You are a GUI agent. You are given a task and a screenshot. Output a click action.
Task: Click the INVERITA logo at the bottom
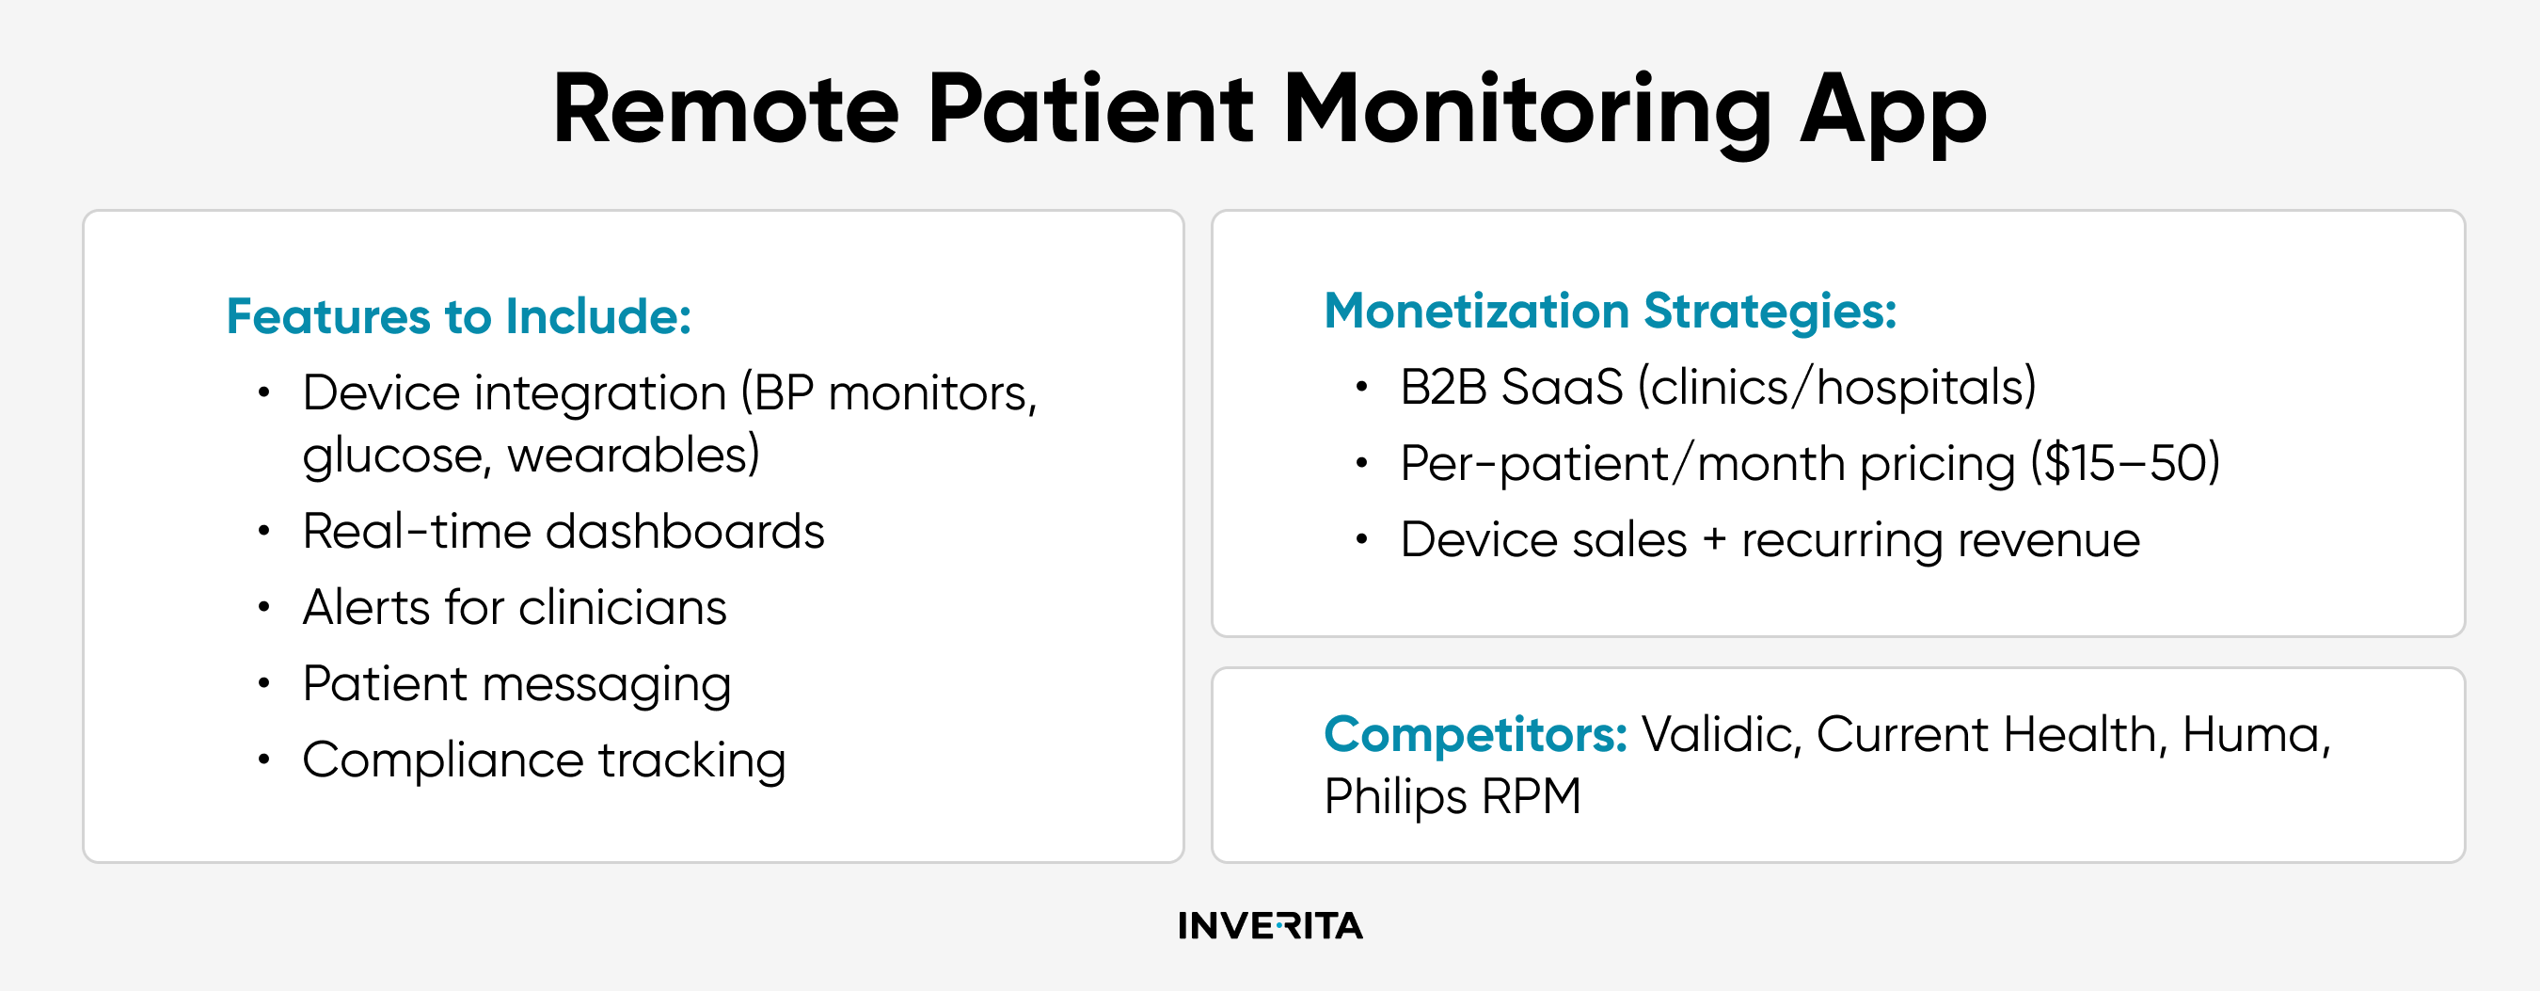(x=1270, y=925)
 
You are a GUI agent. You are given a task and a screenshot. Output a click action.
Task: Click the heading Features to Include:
(x=458, y=316)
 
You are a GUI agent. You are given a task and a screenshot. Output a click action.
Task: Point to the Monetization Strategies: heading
(x=1611, y=312)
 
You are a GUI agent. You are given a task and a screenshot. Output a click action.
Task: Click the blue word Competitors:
(x=1475, y=736)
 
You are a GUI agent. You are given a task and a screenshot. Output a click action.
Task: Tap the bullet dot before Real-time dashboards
(x=263, y=531)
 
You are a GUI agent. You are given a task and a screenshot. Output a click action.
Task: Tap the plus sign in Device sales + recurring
(x=1714, y=540)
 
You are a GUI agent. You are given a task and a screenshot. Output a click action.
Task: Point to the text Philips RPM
(x=1453, y=797)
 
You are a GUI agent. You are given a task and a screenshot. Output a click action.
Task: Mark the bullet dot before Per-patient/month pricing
(x=1361, y=462)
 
